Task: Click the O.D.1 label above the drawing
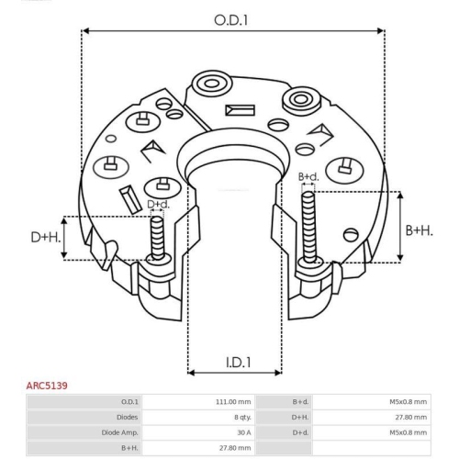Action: [231, 18]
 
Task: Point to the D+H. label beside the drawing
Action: [44, 238]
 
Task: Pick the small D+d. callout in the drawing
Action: [158, 204]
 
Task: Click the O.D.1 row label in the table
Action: [129, 402]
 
